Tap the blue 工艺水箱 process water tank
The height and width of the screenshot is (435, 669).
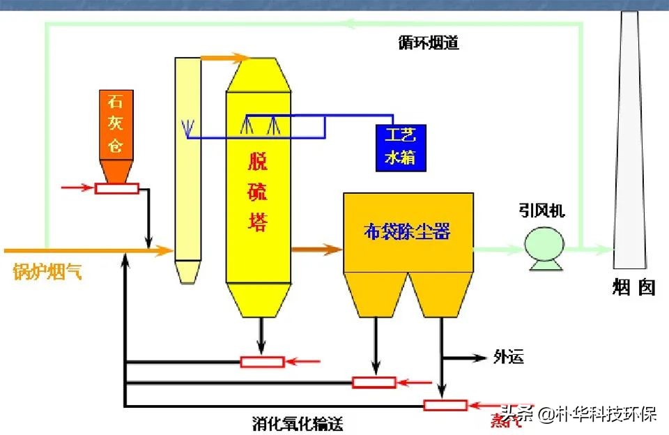[x=401, y=147]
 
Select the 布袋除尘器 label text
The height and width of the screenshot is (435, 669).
[x=407, y=232]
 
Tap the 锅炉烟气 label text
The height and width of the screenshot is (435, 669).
[x=47, y=273]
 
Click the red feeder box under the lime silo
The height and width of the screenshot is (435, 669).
[x=117, y=188]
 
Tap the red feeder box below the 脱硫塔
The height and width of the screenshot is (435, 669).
[x=261, y=361]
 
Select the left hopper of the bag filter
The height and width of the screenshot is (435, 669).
[x=376, y=293]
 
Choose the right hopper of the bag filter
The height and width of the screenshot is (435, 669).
[x=440, y=293]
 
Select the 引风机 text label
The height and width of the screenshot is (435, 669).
[x=541, y=210]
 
